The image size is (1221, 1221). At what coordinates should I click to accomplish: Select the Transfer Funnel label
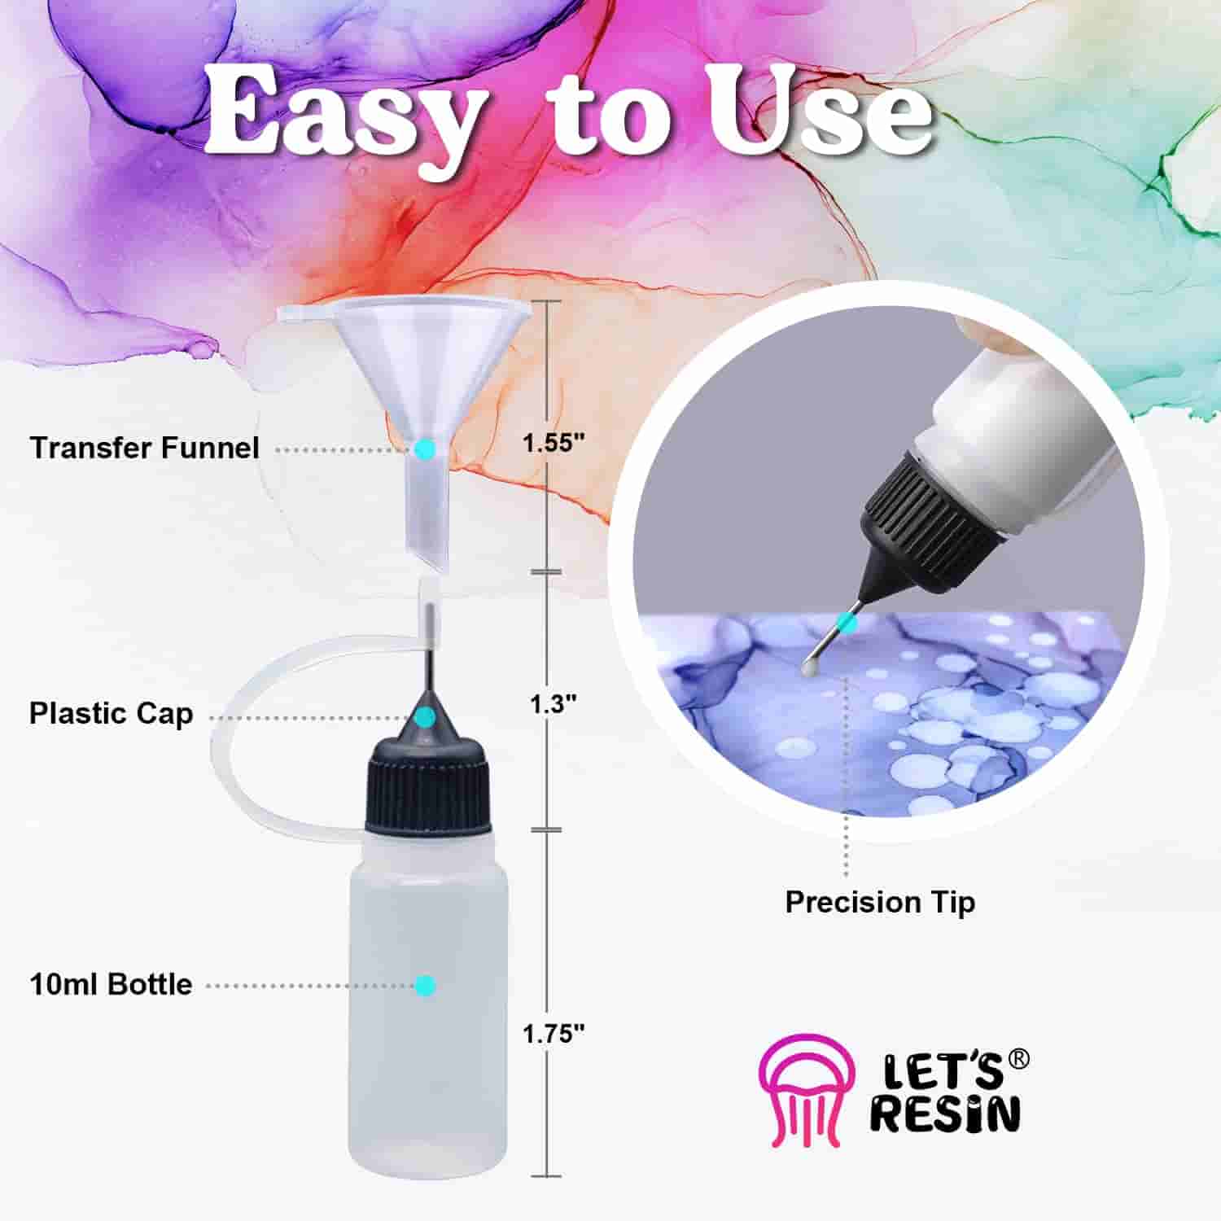coord(145,448)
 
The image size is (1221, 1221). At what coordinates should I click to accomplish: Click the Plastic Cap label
coord(112,714)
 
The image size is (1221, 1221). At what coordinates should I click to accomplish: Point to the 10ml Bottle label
coord(111,984)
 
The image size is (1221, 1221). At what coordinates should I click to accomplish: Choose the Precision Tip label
coord(880,903)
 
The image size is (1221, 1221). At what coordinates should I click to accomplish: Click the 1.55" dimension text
coord(554,443)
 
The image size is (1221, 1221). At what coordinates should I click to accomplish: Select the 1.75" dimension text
coord(554,1034)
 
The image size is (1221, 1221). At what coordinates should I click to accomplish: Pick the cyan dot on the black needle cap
coord(424,717)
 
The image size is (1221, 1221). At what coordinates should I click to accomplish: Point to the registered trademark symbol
coord(1018,1058)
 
